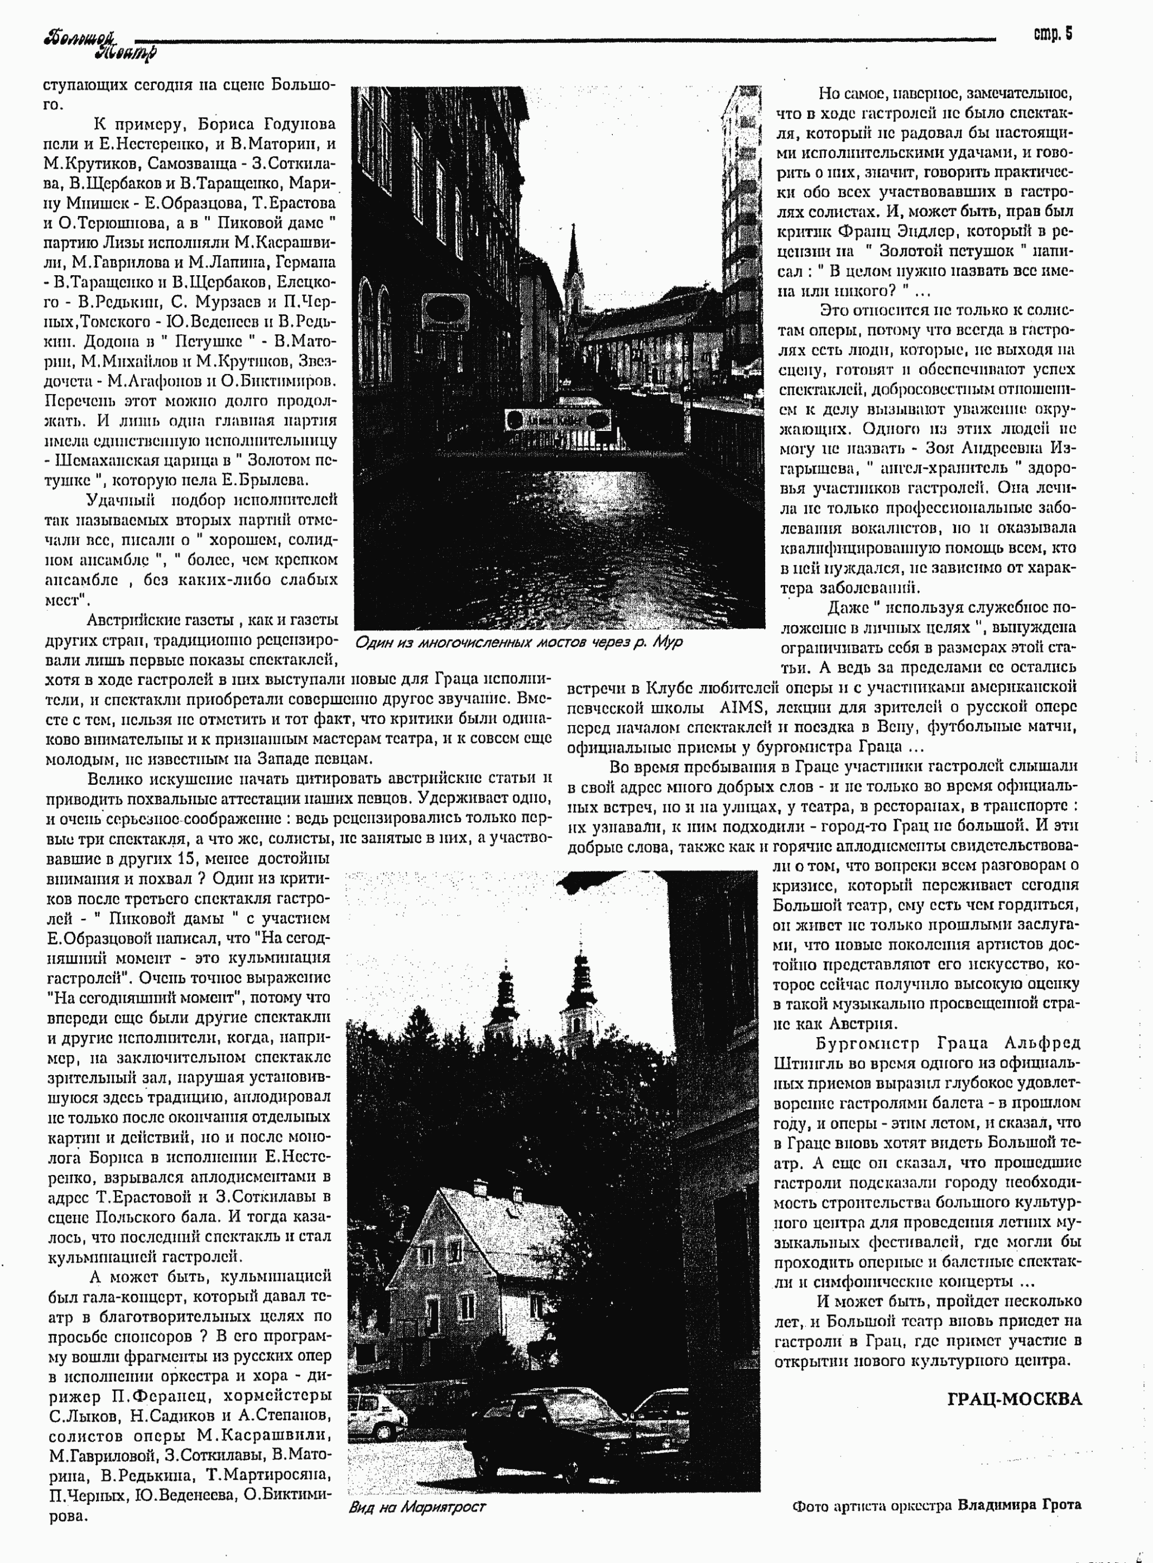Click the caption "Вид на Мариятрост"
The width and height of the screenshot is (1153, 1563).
[x=417, y=1507]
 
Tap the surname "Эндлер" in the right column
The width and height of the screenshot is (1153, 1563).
[x=925, y=231]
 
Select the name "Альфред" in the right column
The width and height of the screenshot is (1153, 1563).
[x=1042, y=1044]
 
